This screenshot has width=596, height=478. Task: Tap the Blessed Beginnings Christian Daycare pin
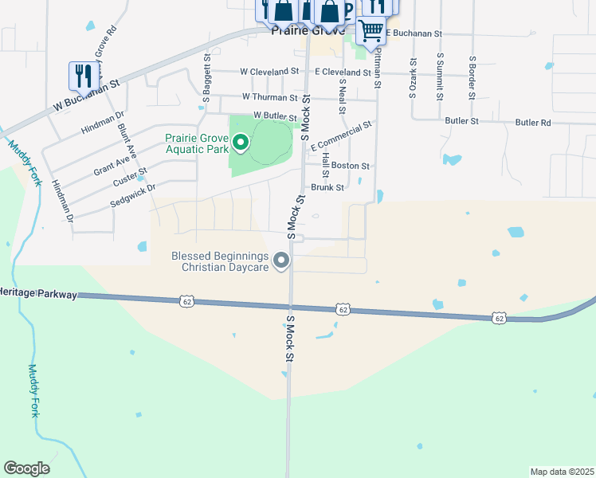pyautogui.click(x=280, y=261)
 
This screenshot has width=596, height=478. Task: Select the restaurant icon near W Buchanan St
pyautogui.click(x=83, y=76)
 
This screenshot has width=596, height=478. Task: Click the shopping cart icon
pyautogui.click(x=371, y=31)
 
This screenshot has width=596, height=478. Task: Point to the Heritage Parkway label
pyautogui.click(x=38, y=294)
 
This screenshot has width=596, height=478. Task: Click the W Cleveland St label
pyautogui.click(x=263, y=71)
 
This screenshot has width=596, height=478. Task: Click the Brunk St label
pyautogui.click(x=327, y=188)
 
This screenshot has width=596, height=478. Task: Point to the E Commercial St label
pyautogui.click(x=342, y=136)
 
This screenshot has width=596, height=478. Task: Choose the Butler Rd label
pyautogui.click(x=533, y=123)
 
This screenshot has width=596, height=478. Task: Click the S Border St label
pyautogui.click(x=472, y=76)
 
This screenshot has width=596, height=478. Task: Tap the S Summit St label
pyautogui.click(x=440, y=76)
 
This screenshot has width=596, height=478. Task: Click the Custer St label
pyautogui.click(x=130, y=177)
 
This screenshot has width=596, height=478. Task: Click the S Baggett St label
pyautogui.click(x=206, y=78)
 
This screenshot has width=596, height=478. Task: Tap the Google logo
pyautogui.click(x=26, y=468)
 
